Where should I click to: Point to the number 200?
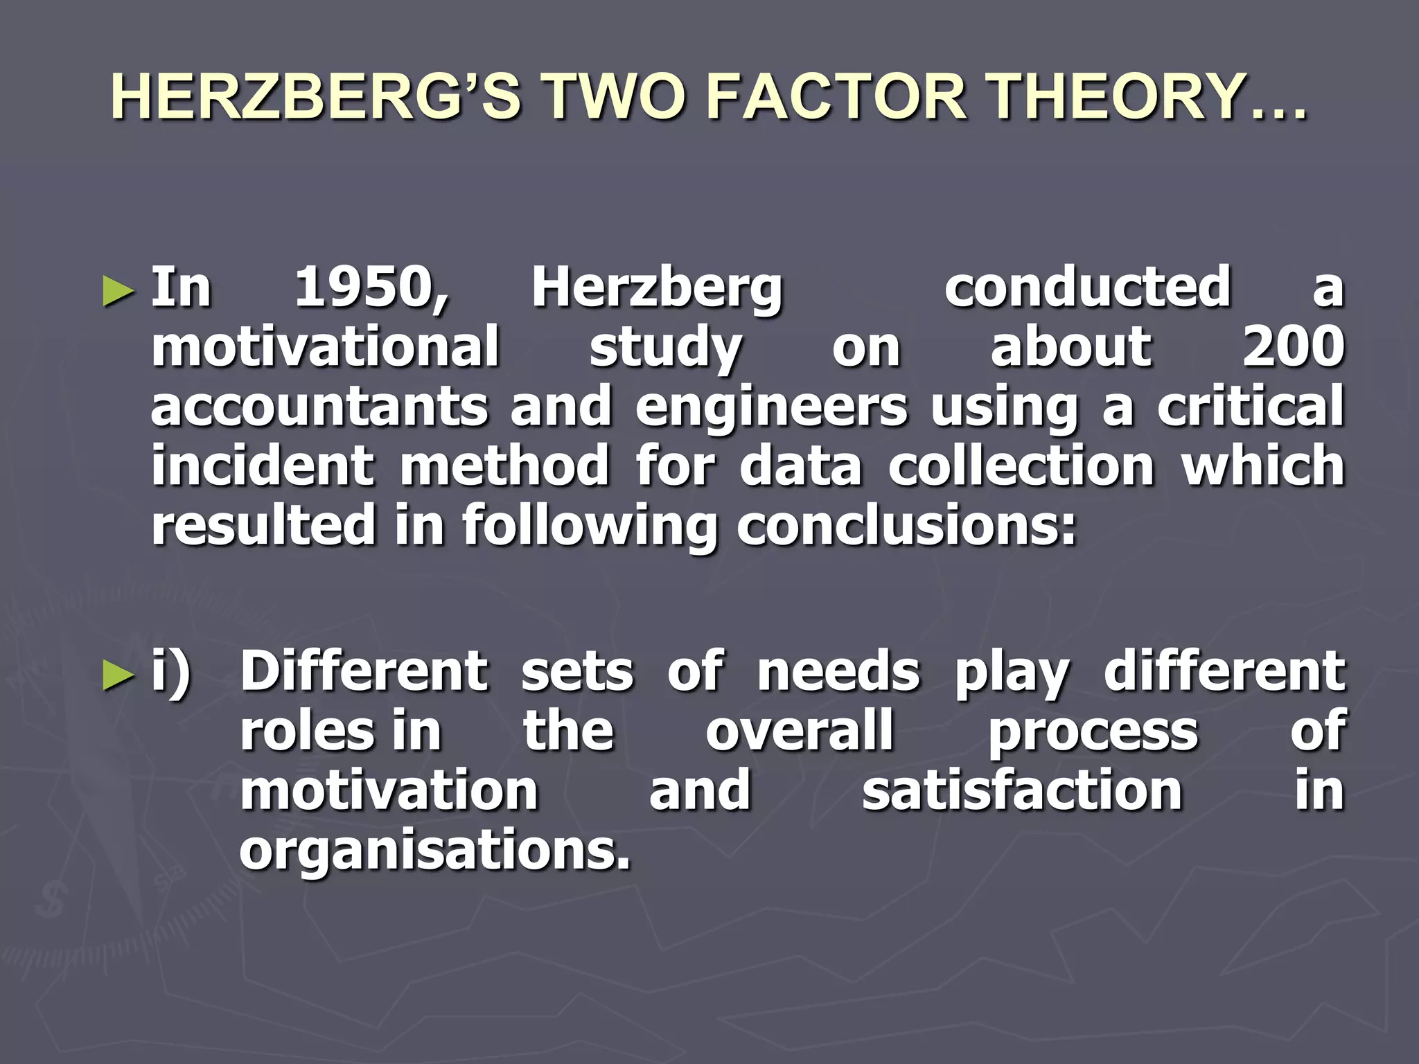[x=1293, y=346]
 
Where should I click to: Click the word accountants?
[x=319, y=407]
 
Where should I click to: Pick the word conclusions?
[x=906, y=525]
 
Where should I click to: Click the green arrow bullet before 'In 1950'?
[x=118, y=291]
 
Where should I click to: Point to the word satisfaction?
[x=1022, y=790]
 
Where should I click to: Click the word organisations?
[x=435, y=851]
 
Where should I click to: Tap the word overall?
[x=800, y=731]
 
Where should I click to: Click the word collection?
[x=1021, y=465]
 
